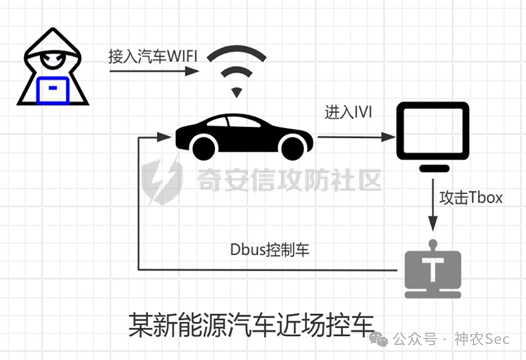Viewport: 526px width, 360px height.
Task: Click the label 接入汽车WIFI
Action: pos(153,57)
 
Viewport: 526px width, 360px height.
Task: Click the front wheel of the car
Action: pos(292,147)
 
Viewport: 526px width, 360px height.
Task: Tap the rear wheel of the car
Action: pos(203,147)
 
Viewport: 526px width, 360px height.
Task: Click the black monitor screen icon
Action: pos(432,131)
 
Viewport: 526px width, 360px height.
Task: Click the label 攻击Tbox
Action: pos(471,198)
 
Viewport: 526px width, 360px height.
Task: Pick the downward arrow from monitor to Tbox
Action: pos(432,204)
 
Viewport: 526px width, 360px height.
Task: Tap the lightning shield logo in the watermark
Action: pos(162,179)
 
